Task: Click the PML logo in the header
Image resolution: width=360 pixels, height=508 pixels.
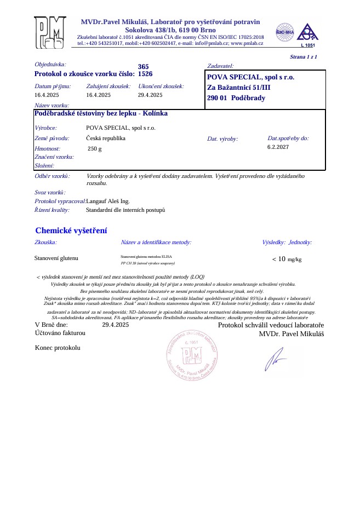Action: click(x=50, y=32)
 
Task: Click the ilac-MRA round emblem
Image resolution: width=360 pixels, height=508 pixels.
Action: click(x=285, y=31)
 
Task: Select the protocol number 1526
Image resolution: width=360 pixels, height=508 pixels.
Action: click(x=145, y=73)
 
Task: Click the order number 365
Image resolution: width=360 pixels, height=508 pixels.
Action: click(x=144, y=66)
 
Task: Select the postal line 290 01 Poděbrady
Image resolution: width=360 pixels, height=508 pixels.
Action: click(x=236, y=98)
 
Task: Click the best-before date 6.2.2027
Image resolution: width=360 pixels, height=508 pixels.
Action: click(x=278, y=147)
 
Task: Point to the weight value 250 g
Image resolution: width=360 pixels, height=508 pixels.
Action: click(x=94, y=148)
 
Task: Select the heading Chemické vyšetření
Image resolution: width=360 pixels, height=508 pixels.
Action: click(x=71, y=230)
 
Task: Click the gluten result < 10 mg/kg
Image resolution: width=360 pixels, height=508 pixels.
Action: click(x=287, y=259)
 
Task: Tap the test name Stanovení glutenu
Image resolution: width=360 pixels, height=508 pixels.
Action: click(x=56, y=257)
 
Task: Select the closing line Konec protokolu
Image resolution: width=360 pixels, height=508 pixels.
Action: click(x=58, y=348)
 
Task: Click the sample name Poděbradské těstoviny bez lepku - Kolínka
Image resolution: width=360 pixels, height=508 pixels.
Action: click(x=101, y=113)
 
